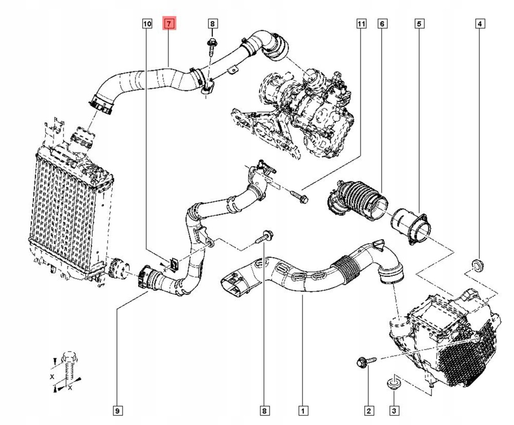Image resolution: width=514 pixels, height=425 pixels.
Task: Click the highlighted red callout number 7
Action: [169, 24]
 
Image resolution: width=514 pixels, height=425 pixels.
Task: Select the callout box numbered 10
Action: [147, 24]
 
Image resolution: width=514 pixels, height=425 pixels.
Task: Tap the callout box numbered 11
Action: [361, 24]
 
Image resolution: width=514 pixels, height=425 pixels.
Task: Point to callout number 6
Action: [382, 24]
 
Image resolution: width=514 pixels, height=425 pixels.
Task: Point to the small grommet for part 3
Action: [393, 385]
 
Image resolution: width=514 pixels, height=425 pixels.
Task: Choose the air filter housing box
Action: [447, 337]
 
